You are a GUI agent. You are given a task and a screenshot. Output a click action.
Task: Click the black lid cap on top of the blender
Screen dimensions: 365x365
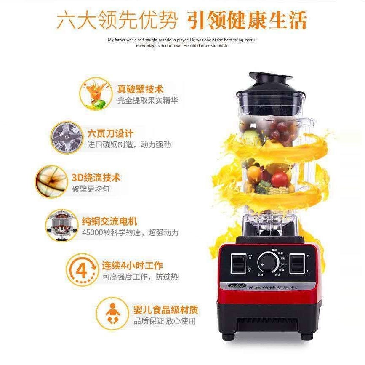click(x=270, y=79)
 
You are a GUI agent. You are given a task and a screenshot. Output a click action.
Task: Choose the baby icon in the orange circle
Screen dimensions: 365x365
click(x=112, y=314)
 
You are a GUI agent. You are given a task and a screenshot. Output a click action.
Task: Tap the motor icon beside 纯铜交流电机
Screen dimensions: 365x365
click(x=61, y=226)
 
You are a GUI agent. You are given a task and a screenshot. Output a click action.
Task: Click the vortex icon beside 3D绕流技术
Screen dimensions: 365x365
click(x=51, y=181)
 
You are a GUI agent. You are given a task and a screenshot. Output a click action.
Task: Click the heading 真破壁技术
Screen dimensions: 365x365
click(x=140, y=89)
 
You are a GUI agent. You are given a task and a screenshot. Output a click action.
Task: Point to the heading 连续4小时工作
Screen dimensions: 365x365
click(x=132, y=266)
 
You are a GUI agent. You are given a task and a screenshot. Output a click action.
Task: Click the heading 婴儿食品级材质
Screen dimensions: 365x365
click(x=166, y=311)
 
